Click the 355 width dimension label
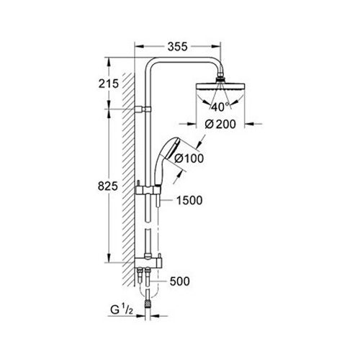(x=177, y=47)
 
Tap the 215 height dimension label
(x=109, y=84)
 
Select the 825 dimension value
(x=108, y=186)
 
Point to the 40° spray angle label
(x=220, y=107)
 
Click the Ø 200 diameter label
(x=220, y=124)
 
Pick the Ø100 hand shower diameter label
(x=189, y=158)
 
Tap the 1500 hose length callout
(x=189, y=200)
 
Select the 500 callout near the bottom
(x=180, y=282)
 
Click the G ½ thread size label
(x=122, y=310)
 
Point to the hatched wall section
(x=129, y=179)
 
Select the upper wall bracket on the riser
(x=143, y=109)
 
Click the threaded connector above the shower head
(x=220, y=79)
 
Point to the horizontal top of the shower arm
(x=185, y=60)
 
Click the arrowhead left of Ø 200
(x=191, y=124)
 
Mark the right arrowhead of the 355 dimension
(x=216, y=47)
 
